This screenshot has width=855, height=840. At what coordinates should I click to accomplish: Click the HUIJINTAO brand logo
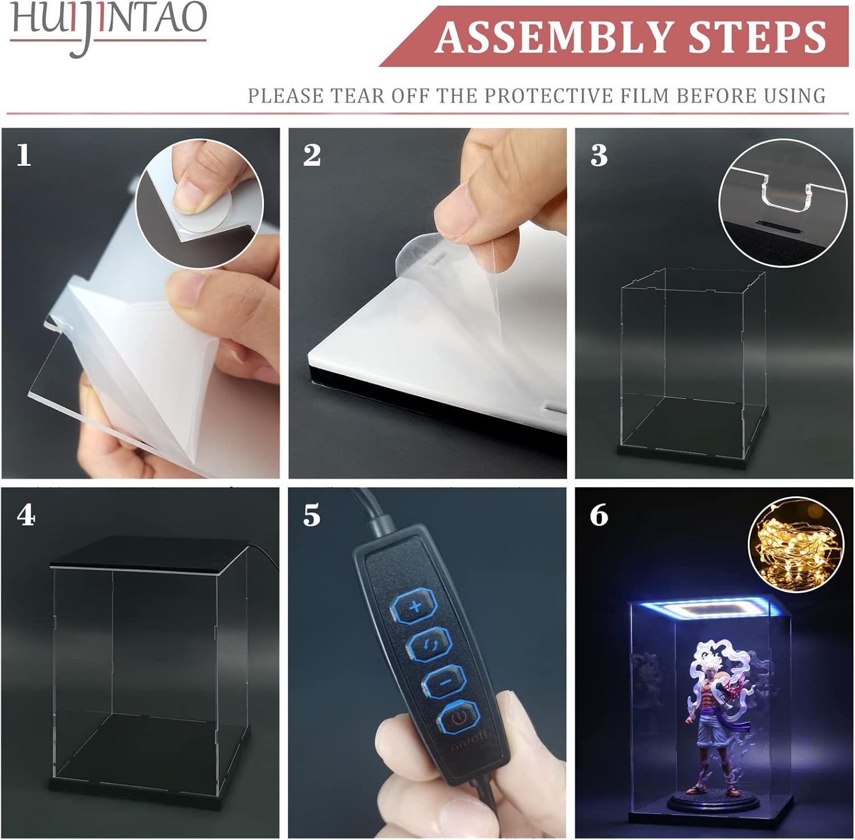pos(108,26)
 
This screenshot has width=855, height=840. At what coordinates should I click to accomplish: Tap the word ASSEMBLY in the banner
pos(555,37)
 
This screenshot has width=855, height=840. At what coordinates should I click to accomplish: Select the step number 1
pos(23,155)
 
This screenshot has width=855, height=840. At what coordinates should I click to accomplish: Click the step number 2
pos(312,155)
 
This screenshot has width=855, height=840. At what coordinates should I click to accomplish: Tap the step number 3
pos(599,155)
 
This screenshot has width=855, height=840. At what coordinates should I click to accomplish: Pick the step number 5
pos(312,516)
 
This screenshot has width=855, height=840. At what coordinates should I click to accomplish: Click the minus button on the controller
pos(445,681)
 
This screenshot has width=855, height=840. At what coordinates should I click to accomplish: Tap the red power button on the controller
pos(459,717)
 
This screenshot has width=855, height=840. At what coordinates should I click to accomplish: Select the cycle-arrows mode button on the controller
pos(430,645)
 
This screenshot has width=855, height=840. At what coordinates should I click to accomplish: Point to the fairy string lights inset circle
pos(796,545)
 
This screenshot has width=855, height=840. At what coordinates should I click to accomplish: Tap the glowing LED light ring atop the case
pos(711,611)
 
